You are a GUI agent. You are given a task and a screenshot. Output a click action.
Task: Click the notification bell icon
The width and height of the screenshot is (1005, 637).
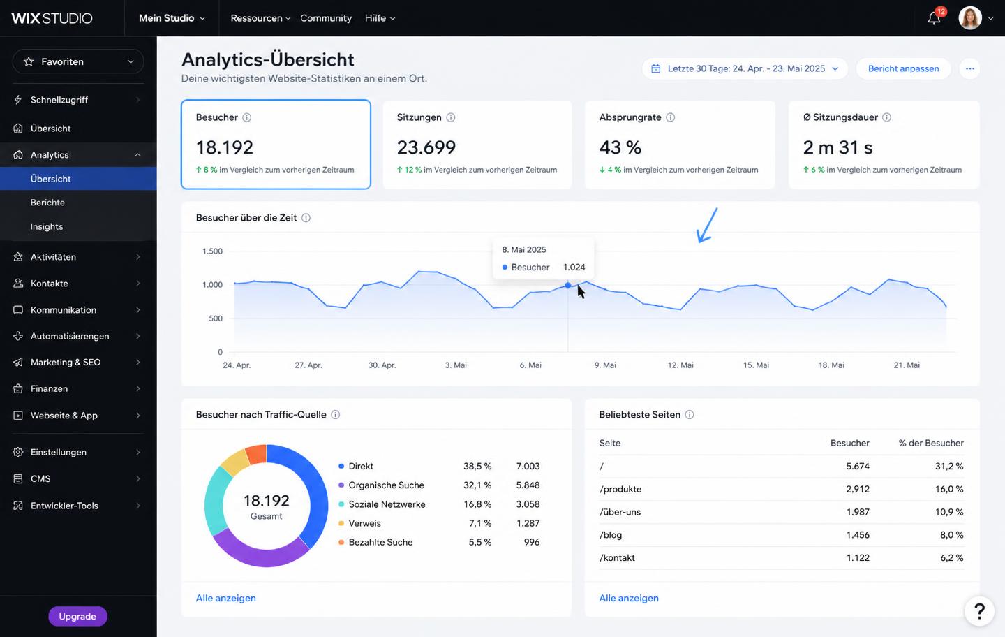[934, 18]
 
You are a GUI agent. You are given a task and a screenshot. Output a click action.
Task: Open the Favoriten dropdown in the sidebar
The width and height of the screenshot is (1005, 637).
[78, 61]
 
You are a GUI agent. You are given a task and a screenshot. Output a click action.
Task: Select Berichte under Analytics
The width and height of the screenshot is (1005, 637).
[47, 203]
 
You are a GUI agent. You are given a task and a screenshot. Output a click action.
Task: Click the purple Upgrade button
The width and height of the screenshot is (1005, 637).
[77, 616]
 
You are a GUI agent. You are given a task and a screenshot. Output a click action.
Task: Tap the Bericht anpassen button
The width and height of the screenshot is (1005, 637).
[903, 68]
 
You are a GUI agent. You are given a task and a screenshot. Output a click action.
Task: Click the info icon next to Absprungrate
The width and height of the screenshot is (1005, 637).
[670, 117]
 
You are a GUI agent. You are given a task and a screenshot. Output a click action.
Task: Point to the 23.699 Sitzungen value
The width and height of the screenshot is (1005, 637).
[426, 147]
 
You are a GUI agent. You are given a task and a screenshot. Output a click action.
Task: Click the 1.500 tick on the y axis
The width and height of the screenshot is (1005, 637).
[212, 251]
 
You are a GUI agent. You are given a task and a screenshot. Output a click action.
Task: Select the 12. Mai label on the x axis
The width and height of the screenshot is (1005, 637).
[680, 365]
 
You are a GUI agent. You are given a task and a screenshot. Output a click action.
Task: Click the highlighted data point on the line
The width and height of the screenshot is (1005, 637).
[568, 285]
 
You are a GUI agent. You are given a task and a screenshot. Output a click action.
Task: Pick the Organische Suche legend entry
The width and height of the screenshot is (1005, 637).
[386, 485]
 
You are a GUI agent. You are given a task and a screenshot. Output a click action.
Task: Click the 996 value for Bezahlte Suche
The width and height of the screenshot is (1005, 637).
[532, 542]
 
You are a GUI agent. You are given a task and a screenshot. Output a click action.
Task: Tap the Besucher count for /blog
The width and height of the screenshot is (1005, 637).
[858, 534]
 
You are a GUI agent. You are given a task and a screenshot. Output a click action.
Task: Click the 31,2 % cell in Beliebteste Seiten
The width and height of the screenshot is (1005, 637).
[949, 466]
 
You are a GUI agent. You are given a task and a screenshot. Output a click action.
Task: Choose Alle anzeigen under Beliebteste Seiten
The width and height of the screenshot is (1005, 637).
[629, 598]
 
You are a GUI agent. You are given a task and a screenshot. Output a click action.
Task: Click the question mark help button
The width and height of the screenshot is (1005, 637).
[979, 610]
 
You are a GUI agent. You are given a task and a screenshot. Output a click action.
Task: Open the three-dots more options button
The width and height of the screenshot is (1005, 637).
[969, 68]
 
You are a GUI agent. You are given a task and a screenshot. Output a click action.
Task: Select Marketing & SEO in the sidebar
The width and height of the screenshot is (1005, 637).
[66, 363]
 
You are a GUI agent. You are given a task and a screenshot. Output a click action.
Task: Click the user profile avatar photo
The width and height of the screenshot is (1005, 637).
[970, 18]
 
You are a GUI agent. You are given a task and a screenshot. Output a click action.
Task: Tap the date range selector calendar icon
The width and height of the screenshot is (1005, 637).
[655, 68]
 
